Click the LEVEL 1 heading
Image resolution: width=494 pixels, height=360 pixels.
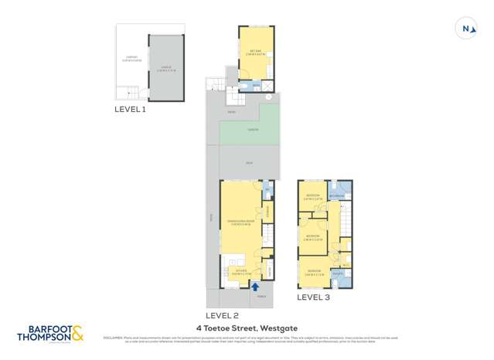[130, 110]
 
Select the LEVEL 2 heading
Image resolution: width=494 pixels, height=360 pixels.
[222, 315]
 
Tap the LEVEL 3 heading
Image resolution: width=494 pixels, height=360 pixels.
[313, 297]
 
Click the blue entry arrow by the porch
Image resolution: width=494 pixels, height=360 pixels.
[255, 286]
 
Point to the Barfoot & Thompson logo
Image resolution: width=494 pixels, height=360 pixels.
[49, 335]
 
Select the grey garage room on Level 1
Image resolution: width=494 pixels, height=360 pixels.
[166, 68]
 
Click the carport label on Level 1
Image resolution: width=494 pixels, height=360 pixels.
[131, 57]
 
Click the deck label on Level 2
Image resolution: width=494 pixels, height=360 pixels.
[249, 163]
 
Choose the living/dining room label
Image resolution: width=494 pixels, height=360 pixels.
[240, 222]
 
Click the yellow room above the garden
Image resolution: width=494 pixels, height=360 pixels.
[255, 53]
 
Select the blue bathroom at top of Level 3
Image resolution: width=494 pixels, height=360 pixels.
[339, 190]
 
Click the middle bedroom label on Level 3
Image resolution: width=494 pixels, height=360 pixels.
[312, 237]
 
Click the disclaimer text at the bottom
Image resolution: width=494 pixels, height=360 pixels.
[247, 339]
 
